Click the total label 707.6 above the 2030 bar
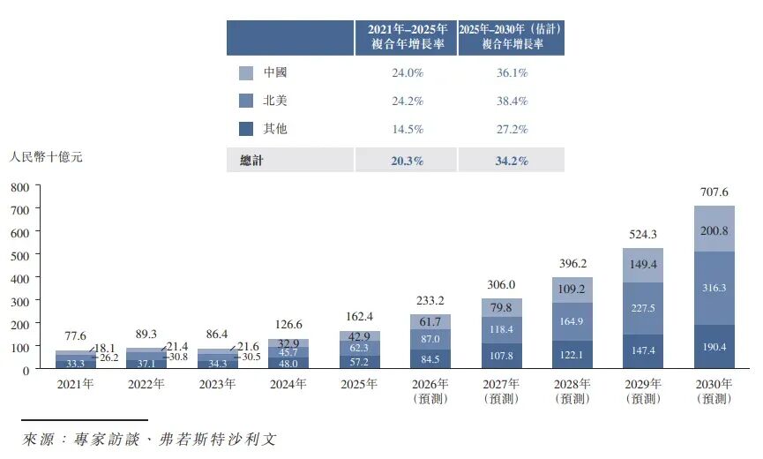click(x=714, y=192)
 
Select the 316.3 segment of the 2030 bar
click(x=714, y=288)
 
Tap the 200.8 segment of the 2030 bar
click(x=714, y=229)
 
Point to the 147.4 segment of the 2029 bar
click(x=643, y=351)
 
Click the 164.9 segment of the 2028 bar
click(x=572, y=321)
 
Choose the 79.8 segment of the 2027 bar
click(x=501, y=308)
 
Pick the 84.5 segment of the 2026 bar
click(x=430, y=359)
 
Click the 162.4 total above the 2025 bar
click(x=359, y=316)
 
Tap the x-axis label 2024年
click(x=288, y=384)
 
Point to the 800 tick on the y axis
click(x=20, y=187)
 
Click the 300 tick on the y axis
click(x=20, y=302)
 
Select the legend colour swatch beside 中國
click(x=246, y=73)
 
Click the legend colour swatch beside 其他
click(x=246, y=129)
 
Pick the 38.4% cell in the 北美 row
click(x=512, y=101)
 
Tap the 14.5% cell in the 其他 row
click(x=408, y=129)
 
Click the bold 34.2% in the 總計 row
click(x=512, y=161)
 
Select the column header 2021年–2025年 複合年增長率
click(x=407, y=37)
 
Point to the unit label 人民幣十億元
click(x=46, y=157)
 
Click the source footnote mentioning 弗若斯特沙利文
click(x=149, y=439)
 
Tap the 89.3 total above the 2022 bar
click(x=146, y=334)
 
